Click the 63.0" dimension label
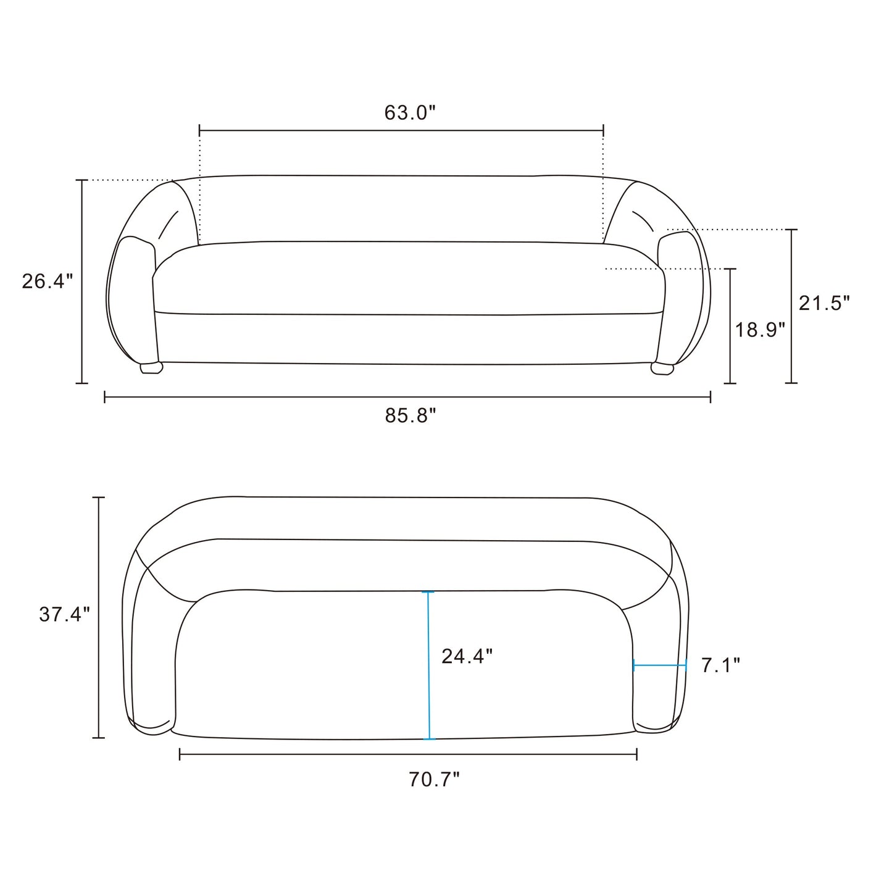[x=410, y=112]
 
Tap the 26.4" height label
[x=47, y=281]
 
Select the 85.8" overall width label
[x=411, y=415]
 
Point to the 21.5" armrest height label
[x=825, y=303]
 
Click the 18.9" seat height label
[x=760, y=330]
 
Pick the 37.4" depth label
[x=64, y=614]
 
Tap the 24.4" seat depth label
[x=467, y=656]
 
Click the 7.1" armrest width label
[x=721, y=665]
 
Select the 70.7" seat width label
[x=434, y=779]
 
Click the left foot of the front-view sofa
[x=151, y=367]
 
